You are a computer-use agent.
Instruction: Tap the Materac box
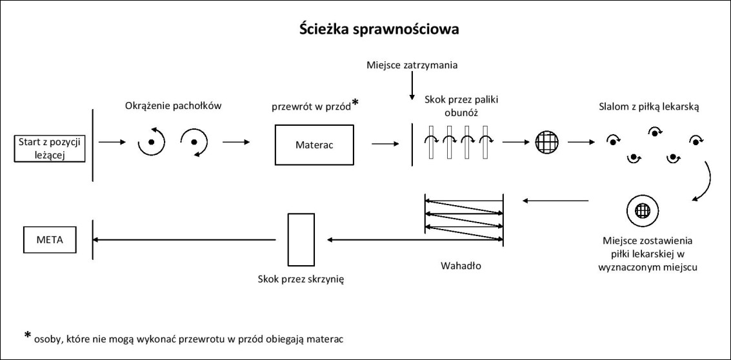point(315,145)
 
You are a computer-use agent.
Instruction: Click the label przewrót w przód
point(310,106)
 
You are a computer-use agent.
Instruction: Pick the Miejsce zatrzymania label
point(412,65)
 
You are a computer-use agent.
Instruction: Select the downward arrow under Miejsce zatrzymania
point(412,87)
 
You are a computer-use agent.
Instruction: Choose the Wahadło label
point(461,265)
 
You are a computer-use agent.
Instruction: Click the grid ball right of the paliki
point(546,141)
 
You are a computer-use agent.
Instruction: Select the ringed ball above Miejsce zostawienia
point(641,211)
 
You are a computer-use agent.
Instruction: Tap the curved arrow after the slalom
point(705,182)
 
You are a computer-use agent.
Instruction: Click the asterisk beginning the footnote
point(28,335)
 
